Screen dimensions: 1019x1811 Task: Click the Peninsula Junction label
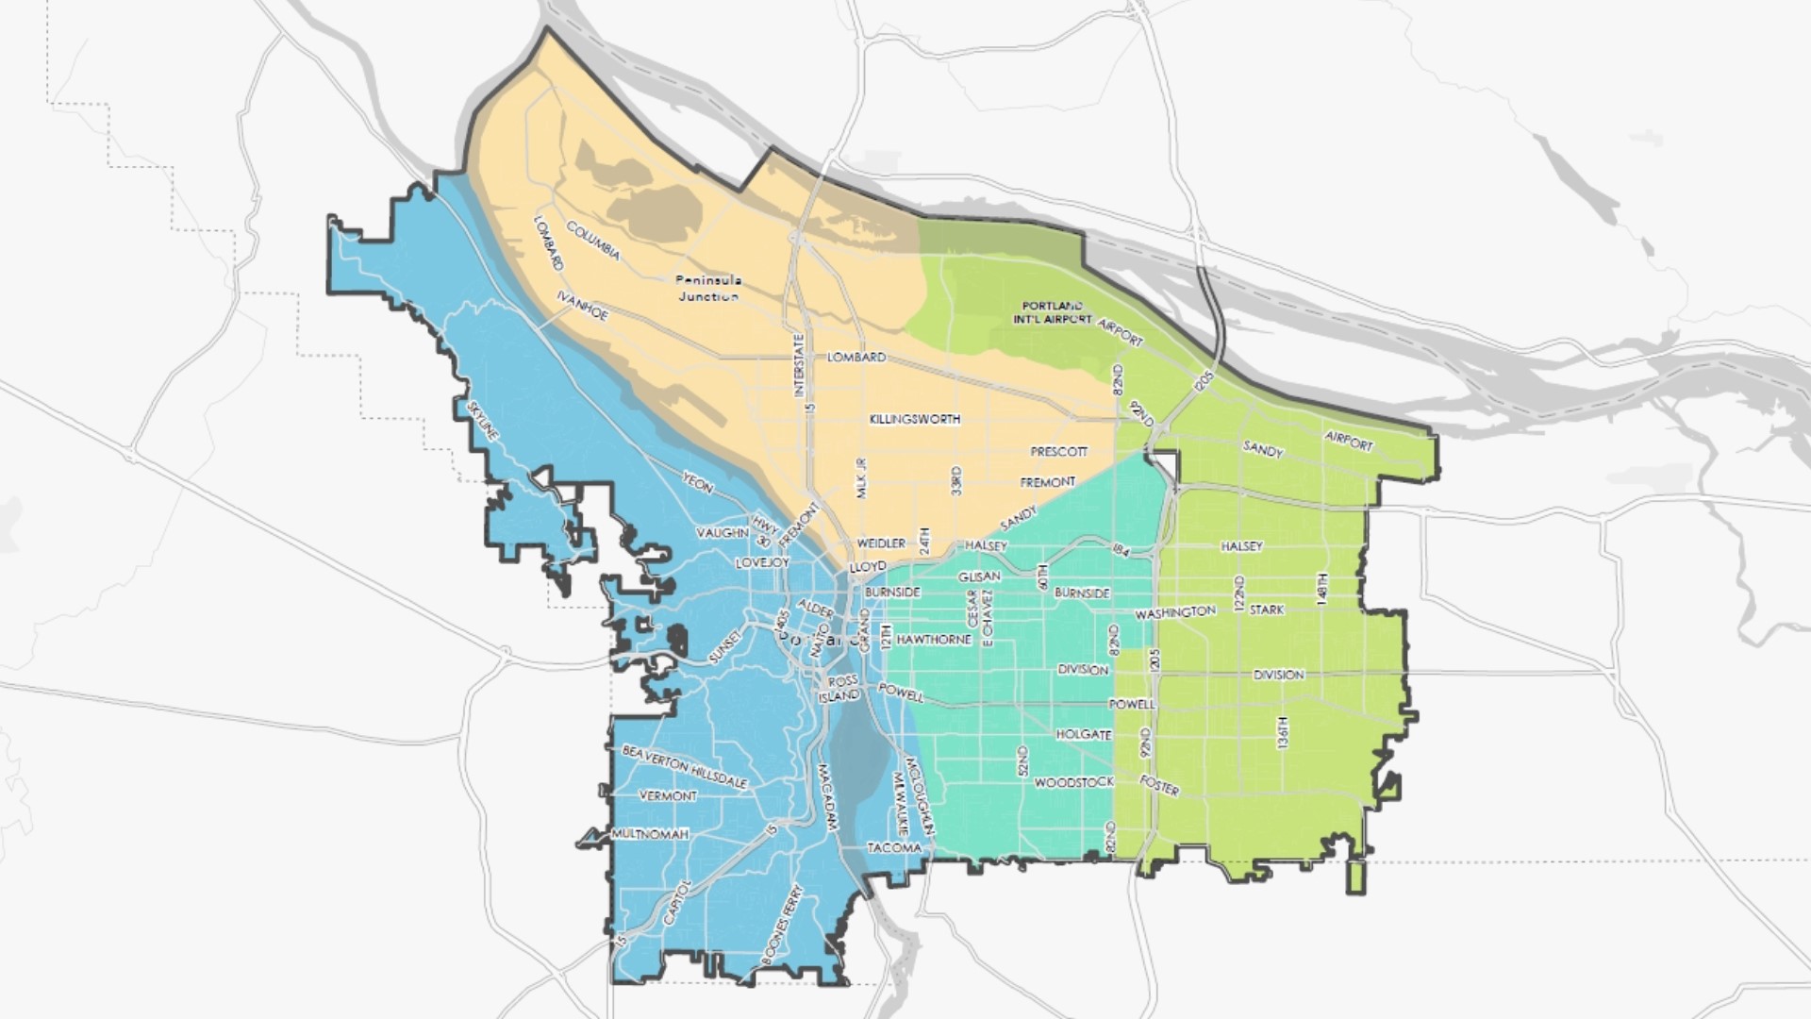709,288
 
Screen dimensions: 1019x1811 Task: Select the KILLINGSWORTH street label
915,419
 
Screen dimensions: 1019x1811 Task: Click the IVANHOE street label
582,305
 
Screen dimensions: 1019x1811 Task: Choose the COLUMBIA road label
593,241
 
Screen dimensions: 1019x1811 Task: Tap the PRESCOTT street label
1059,452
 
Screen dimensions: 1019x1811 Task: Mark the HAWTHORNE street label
934,640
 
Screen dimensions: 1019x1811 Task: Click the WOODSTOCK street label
1074,783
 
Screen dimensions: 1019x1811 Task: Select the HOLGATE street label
1084,734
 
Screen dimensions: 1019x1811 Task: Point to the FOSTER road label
1159,785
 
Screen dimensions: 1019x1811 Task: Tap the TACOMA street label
894,848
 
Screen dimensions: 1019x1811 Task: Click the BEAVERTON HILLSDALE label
685,766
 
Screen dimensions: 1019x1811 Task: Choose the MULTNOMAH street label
650,834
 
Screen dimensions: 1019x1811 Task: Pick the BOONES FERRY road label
782,925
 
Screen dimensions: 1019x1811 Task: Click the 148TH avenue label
1322,589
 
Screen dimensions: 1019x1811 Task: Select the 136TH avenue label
1282,733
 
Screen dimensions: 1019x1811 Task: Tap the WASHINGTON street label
1175,613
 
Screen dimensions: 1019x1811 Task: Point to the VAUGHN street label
723,533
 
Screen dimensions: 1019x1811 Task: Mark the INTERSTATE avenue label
799,365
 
